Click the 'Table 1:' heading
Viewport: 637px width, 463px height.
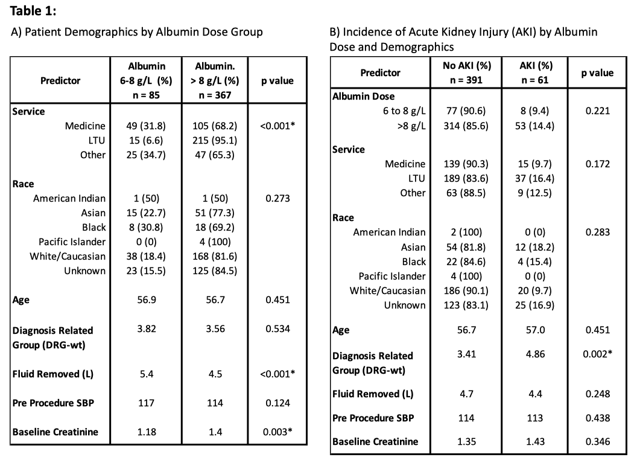point(33,11)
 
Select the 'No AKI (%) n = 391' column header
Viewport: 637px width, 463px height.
point(466,73)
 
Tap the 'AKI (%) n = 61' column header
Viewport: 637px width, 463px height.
point(535,73)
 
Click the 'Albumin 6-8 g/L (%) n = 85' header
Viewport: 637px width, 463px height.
point(146,80)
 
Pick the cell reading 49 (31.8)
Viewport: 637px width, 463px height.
point(146,126)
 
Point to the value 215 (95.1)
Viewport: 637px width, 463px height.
point(215,140)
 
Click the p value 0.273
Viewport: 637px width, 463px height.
point(278,199)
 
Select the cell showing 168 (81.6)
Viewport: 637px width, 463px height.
point(215,257)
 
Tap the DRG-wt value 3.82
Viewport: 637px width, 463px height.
point(146,329)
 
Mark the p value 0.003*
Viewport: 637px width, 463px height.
point(278,432)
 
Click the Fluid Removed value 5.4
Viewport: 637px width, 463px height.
point(146,374)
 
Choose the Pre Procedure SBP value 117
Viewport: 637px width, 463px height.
point(146,403)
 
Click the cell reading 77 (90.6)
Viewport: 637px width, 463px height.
point(466,111)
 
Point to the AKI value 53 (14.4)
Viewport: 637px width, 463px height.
point(534,126)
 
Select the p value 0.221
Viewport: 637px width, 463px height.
point(598,111)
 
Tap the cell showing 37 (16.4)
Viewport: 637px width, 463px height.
point(534,179)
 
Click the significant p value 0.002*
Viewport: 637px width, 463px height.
point(598,354)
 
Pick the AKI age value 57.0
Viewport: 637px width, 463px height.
point(536,330)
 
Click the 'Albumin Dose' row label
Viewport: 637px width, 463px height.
point(364,97)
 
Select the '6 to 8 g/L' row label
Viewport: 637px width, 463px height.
point(404,111)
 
